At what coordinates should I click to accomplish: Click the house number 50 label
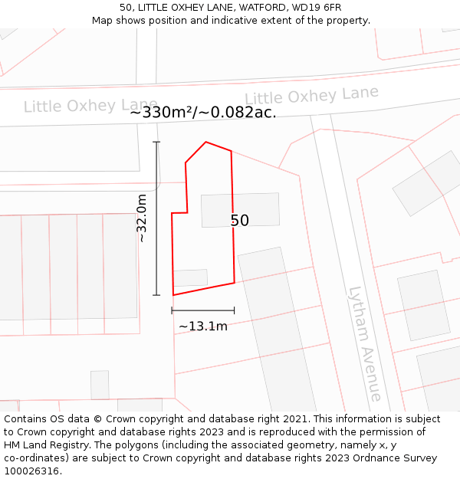(240, 221)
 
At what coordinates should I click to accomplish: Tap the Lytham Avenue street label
(364, 343)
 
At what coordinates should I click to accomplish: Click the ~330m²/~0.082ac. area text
(203, 113)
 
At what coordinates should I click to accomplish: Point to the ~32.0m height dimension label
(141, 218)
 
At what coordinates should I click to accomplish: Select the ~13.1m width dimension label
(203, 326)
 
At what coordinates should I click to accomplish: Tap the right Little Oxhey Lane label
(311, 95)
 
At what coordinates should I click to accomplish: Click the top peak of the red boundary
(205, 142)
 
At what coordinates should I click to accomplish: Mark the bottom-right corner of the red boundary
(234, 283)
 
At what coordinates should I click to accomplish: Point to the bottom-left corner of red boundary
(173, 295)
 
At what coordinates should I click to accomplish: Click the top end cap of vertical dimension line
(156, 142)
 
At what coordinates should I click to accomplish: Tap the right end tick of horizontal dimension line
(234, 310)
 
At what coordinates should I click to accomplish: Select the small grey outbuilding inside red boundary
(190, 277)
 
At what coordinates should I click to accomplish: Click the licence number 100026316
(31, 471)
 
